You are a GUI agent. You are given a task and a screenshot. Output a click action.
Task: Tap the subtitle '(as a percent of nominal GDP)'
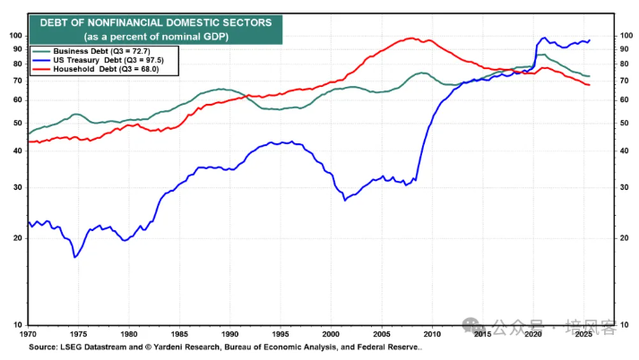[x=147, y=36]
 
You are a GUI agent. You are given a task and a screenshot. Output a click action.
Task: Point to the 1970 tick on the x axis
[x=28, y=333]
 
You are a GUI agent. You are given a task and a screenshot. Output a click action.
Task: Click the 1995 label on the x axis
[x=281, y=333]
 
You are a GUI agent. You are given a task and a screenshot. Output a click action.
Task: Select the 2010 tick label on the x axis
[x=431, y=333]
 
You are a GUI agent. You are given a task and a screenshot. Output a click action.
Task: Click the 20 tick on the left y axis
[x=14, y=238]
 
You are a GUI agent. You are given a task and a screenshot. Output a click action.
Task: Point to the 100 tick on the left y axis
[x=13, y=36]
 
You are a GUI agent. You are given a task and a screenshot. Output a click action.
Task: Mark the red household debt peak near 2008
[x=410, y=38]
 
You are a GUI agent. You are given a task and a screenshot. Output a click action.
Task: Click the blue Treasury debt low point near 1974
[x=74, y=257]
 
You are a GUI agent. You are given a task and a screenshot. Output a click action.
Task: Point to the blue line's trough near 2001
[x=345, y=200]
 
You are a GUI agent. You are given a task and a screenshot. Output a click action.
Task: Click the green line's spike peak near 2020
[x=539, y=55]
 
